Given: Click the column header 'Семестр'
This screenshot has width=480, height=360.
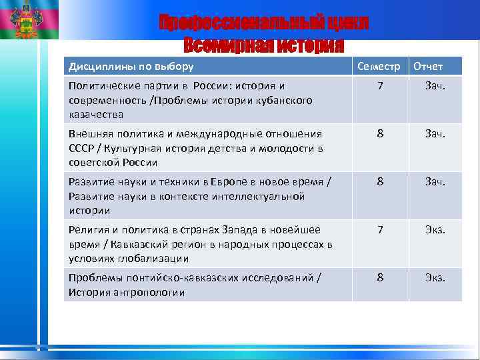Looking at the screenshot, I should (379, 66).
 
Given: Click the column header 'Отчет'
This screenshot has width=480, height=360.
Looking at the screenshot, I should (428, 66).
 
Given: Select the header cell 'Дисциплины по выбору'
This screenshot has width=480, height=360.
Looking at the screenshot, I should (131, 66).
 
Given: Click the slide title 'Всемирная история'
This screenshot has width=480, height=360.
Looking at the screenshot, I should (263, 45).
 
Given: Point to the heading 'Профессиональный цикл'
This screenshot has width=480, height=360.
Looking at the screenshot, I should (263, 24).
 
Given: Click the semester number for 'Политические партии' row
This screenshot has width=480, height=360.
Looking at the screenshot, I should (380, 86).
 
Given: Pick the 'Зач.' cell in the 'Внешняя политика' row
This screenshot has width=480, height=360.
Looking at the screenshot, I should (435, 134).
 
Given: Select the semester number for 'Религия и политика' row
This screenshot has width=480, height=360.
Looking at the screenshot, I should (380, 230).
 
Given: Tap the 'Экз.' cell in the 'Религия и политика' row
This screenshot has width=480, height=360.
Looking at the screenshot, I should (435, 230).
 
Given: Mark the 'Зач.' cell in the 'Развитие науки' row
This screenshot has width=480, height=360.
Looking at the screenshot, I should (435, 182).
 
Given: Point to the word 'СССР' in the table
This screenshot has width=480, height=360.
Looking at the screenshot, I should (82, 148).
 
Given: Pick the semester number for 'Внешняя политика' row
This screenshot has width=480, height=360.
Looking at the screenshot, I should (380, 134).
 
